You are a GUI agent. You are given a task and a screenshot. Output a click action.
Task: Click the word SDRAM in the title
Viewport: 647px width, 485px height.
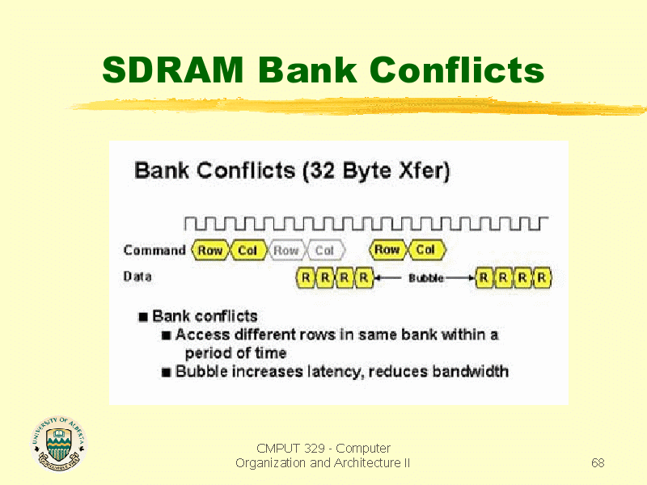click(173, 70)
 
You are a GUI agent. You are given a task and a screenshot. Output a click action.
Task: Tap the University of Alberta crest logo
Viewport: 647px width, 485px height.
click(59, 443)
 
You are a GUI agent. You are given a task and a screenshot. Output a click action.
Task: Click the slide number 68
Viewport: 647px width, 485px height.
click(598, 462)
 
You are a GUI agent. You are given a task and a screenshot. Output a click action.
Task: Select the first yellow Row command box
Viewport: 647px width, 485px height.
click(210, 250)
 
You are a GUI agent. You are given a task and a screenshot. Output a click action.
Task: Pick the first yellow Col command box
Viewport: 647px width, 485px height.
click(247, 250)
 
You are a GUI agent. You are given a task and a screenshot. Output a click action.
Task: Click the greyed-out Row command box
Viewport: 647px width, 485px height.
click(286, 250)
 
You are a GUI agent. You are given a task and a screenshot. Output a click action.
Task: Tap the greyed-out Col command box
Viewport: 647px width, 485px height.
click(325, 250)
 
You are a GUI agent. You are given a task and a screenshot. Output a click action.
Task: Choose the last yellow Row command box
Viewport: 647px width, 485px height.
click(387, 250)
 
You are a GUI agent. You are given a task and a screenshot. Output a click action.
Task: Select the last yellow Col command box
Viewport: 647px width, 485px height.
click(426, 250)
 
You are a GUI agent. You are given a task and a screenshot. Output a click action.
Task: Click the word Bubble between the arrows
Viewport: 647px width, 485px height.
click(426, 278)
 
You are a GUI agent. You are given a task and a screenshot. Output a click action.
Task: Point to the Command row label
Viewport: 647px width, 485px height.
click(154, 250)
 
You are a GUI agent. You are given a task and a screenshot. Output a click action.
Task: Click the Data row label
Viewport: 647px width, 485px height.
click(137, 276)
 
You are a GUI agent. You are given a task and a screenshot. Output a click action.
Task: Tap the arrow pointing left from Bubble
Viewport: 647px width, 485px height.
click(388, 277)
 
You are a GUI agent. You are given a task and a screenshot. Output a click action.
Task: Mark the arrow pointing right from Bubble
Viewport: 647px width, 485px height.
click(459, 278)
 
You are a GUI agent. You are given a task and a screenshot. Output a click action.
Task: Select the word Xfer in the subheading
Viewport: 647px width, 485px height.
click(421, 171)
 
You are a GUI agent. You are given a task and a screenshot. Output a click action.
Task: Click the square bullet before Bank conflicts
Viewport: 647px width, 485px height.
click(143, 317)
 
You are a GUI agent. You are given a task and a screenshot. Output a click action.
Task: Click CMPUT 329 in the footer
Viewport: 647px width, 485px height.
click(290, 449)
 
